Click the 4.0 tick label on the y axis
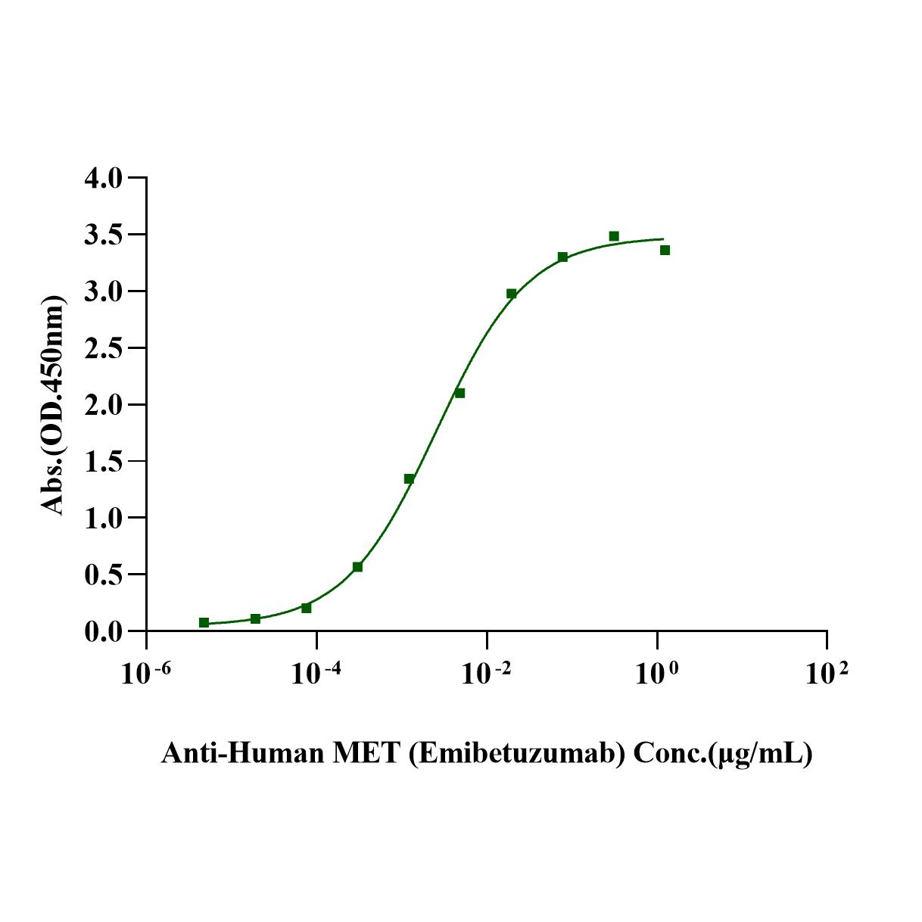click(103, 179)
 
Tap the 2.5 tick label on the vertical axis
click(103, 348)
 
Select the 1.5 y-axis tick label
click(103, 461)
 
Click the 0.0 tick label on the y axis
click(103, 631)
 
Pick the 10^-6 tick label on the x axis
click(145, 672)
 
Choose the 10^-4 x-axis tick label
click(316, 672)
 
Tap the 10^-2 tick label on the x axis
click(486, 672)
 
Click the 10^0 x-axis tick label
click(656, 672)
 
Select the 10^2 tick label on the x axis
click(827, 672)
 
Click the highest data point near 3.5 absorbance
click(614, 236)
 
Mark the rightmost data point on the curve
click(665, 250)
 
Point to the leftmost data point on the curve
click(204, 622)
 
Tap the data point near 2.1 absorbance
click(459, 393)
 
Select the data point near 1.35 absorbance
click(409, 478)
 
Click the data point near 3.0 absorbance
click(511, 294)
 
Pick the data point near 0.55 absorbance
click(357, 567)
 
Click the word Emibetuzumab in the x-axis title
click(517, 754)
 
